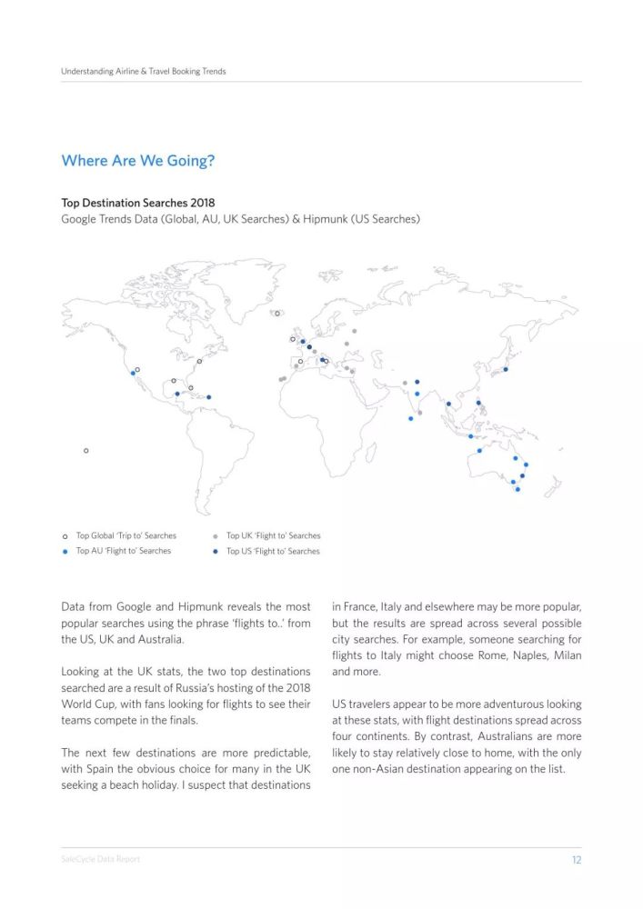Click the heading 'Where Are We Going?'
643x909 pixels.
[138, 161]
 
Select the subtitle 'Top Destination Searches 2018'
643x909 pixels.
[137, 203]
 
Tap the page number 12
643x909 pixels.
[576, 860]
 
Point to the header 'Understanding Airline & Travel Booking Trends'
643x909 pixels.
[144, 71]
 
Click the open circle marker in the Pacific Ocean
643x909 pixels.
[86, 451]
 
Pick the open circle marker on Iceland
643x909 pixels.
[277, 314]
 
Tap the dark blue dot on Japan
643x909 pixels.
[506, 369]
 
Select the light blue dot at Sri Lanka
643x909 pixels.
[411, 419]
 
